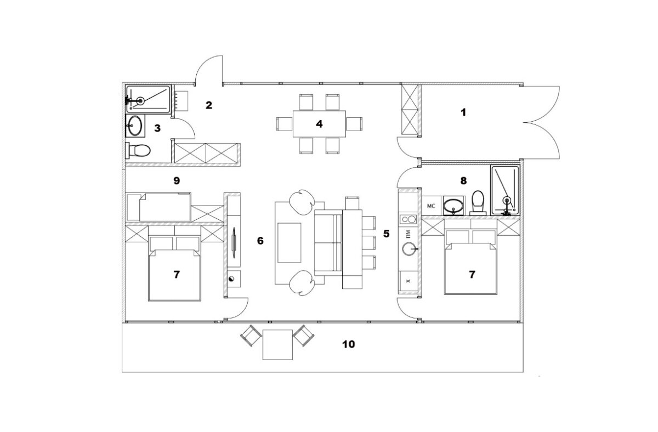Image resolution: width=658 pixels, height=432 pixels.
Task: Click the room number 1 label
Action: point(463,112)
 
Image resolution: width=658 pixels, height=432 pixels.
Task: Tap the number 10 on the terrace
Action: point(348,344)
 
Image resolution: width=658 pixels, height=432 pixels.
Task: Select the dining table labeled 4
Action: point(319,124)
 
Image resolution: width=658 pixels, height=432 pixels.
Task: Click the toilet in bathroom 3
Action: point(138,151)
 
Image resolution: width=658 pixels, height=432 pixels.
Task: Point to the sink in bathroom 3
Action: point(135,126)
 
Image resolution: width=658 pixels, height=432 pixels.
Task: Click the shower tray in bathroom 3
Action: point(148,99)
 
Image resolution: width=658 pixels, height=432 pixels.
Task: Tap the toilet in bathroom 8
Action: point(478,203)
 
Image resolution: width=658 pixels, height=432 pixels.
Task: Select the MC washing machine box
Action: point(431,206)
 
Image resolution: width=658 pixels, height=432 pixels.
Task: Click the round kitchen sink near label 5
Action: point(409,249)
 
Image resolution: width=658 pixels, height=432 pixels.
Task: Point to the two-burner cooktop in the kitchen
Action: point(409,219)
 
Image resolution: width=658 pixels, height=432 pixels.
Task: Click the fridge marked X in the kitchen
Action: point(408,281)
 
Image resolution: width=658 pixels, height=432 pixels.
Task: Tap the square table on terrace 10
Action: point(277,344)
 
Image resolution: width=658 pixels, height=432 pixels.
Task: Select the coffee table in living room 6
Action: point(290,242)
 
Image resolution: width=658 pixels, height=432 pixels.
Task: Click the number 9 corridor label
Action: point(177,180)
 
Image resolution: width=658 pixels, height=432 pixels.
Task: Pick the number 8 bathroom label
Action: point(463,180)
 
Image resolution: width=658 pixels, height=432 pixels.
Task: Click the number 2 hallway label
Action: point(209,105)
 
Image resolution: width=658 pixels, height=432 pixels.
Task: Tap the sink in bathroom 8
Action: point(454,206)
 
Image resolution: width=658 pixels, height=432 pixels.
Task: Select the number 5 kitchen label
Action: point(387,234)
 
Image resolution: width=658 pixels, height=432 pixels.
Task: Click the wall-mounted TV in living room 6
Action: point(234,242)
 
